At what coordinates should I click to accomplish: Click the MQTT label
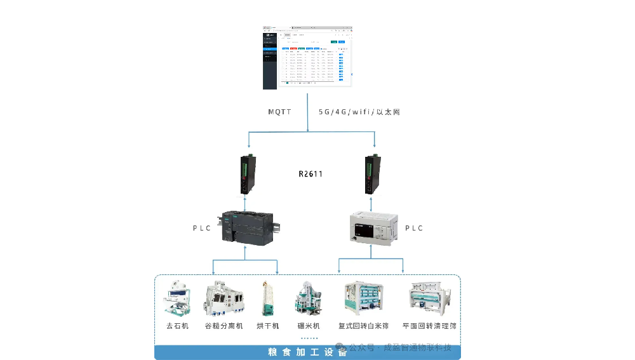(279, 112)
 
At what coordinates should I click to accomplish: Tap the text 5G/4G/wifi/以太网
(359, 112)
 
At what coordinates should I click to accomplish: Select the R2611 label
(311, 173)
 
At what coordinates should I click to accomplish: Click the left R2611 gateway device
(246, 175)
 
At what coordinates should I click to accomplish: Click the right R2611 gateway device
(370, 175)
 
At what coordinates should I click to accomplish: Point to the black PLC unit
(247, 229)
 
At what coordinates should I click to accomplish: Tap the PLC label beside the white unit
(414, 228)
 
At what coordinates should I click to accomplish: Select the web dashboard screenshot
(307, 57)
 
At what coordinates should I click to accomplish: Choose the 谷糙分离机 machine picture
(224, 298)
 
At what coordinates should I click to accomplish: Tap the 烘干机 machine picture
(267, 298)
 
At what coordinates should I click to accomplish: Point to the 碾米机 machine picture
(308, 298)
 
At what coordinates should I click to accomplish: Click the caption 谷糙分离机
(224, 326)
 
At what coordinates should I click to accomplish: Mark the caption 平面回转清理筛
(429, 326)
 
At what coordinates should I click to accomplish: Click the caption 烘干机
(267, 326)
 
